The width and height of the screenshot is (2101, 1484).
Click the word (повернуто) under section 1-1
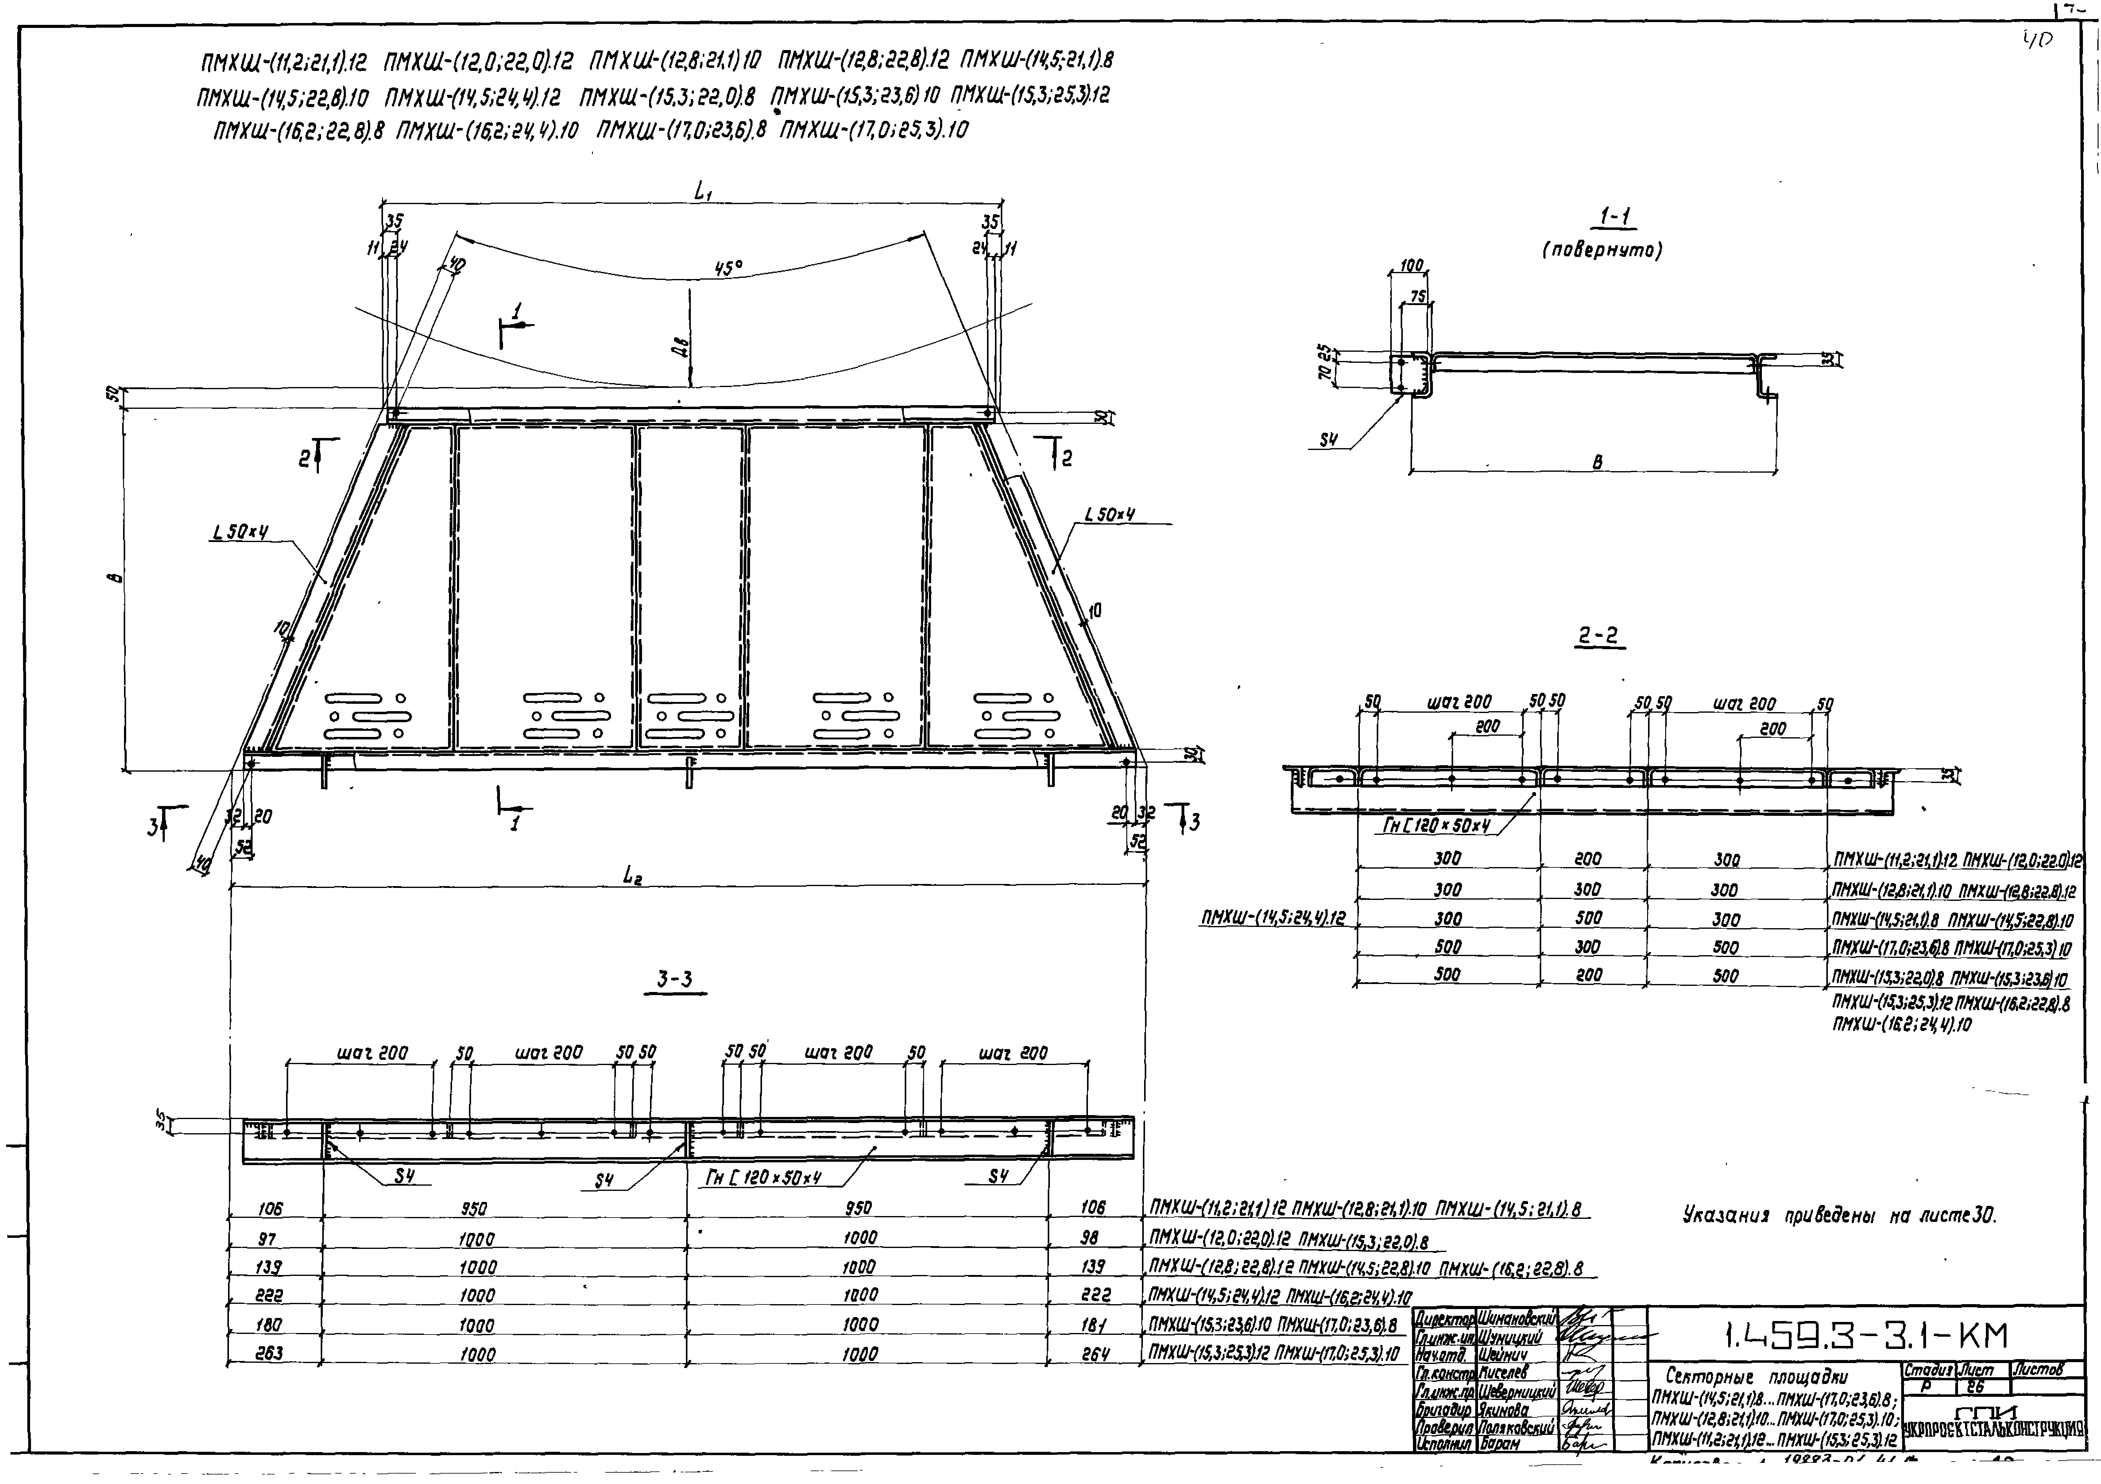tap(1601, 250)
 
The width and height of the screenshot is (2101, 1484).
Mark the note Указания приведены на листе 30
tap(1839, 1216)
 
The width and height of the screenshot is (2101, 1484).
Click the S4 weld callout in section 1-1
tap(1329, 440)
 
